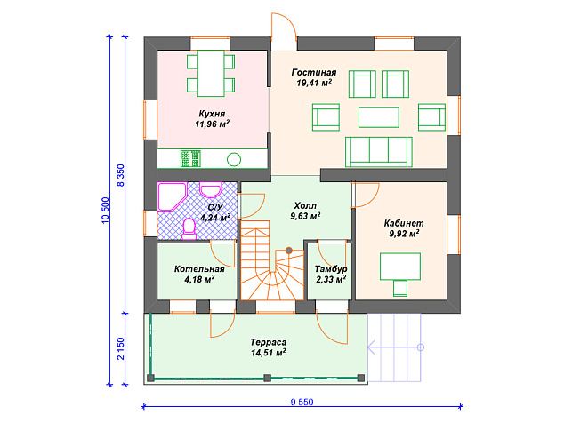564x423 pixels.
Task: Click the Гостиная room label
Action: coord(314,73)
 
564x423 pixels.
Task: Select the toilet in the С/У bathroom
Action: coord(189,229)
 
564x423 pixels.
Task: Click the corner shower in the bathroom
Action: coord(173,197)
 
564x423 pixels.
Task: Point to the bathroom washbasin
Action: coord(211,190)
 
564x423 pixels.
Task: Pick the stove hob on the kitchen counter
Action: coord(190,158)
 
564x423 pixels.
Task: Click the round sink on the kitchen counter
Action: coord(234,159)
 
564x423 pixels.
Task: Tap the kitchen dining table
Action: coord(211,74)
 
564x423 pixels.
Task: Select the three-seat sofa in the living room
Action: coord(379,152)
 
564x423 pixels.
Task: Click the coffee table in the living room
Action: coord(379,117)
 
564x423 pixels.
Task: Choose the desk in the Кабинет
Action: coord(400,267)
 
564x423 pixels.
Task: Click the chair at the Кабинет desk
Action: coord(400,288)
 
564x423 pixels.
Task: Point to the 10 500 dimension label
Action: coord(105,211)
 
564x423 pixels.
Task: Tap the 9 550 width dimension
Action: coord(302,403)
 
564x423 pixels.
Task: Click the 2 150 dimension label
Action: coord(120,348)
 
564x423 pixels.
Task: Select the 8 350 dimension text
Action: coord(120,175)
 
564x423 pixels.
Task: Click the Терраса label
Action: coord(269,342)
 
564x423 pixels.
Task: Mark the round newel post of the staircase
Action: coord(289,251)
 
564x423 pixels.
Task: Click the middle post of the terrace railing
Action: coord(267,378)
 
